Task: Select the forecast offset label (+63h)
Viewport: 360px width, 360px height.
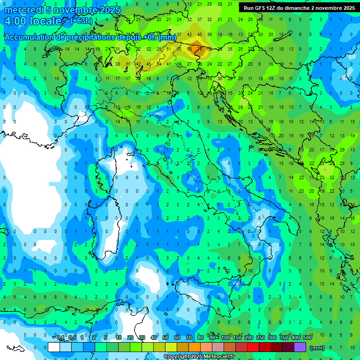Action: (x=81, y=21)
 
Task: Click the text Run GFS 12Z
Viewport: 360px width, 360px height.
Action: (x=260, y=8)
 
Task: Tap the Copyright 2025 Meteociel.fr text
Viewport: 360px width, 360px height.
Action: (x=199, y=357)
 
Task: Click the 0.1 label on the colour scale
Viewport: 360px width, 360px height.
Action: (x=60, y=338)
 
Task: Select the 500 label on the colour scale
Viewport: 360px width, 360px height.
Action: (x=307, y=338)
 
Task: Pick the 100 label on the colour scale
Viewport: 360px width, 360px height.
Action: (x=225, y=338)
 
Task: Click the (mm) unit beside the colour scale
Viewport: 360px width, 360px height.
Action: (x=317, y=348)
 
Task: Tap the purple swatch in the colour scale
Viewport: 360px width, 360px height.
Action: (x=300, y=347)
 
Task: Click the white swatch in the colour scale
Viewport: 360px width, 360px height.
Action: (x=54, y=347)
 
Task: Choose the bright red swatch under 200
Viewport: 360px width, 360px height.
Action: (x=253, y=347)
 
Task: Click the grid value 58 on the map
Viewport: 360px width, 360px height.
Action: (x=190, y=49)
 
